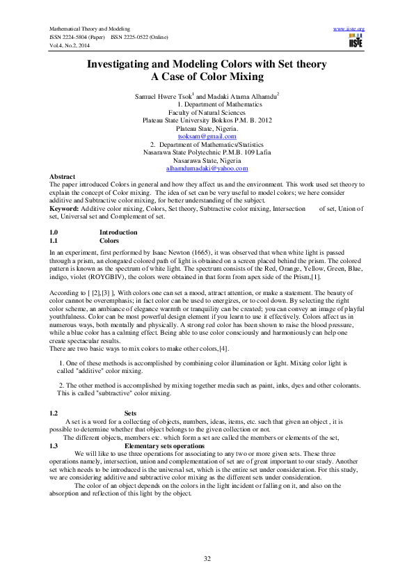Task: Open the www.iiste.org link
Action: [x=349, y=29]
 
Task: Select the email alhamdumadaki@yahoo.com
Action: [x=207, y=168]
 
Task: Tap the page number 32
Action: [x=207, y=559]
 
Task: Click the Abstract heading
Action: [x=63, y=177]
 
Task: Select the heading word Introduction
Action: [x=118, y=232]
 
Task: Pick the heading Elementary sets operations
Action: [x=164, y=445]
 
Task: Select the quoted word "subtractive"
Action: [x=106, y=393]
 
